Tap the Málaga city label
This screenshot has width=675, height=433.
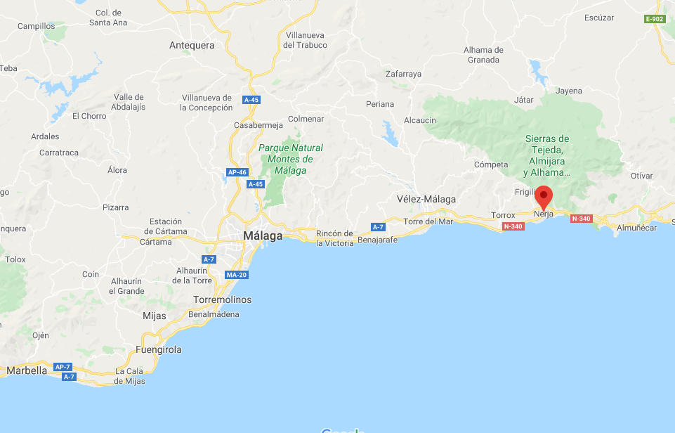coord(263,235)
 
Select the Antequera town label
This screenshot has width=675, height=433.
coord(192,45)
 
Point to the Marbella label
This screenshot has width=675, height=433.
coord(26,370)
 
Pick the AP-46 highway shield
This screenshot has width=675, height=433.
coord(237,172)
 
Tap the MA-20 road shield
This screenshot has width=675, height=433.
coord(235,274)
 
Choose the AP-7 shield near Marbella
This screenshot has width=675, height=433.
coord(63,367)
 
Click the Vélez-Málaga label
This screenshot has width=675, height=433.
coord(426,199)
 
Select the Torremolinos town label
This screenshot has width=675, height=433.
coord(222,299)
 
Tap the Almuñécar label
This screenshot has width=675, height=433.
coord(636,228)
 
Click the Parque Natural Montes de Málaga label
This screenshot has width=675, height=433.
coord(290,159)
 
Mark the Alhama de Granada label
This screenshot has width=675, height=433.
coord(483,55)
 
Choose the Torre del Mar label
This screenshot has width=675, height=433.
coord(428,221)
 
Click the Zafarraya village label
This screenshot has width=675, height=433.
coord(403,74)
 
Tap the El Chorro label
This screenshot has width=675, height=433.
coord(89,116)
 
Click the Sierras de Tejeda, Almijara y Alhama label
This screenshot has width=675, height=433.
coord(547,155)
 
